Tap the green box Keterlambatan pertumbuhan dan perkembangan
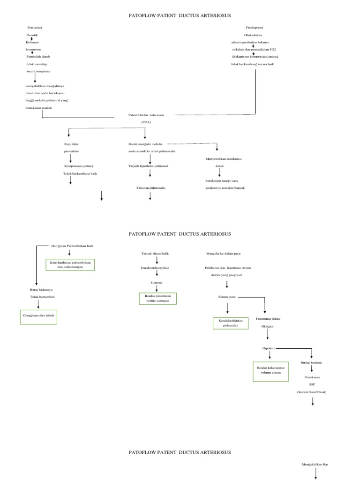click(70, 264)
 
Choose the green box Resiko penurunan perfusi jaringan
click(157, 299)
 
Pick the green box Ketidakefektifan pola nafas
click(231, 323)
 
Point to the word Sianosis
click(157, 283)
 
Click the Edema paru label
click(227, 297)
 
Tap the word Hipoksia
click(269, 348)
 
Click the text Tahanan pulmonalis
click(150, 187)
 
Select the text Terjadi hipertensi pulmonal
click(148, 166)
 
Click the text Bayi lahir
click(72, 144)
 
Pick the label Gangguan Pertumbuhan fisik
click(69, 246)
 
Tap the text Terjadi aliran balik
click(155, 253)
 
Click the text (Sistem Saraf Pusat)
click(311, 391)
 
